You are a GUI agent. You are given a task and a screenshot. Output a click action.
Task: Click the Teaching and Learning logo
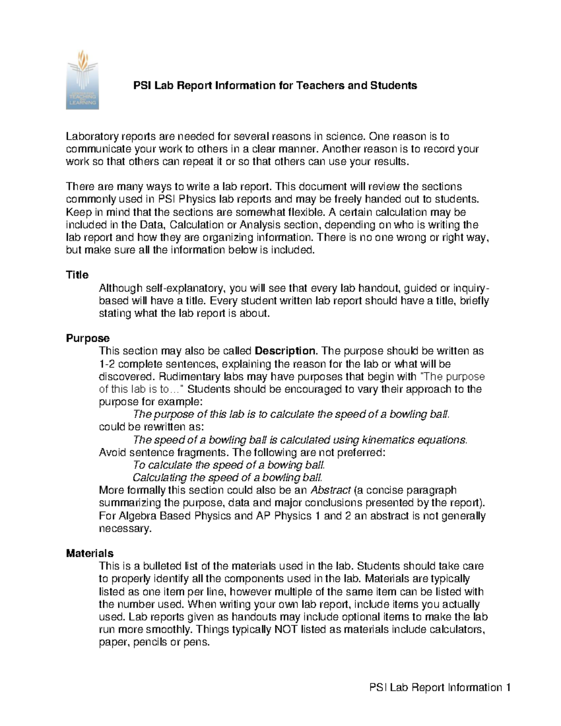click(x=82, y=79)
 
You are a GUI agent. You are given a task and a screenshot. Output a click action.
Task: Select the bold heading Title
click(x=77, y=275)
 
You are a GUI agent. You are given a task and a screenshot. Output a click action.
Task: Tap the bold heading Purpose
click(x=87, y=338)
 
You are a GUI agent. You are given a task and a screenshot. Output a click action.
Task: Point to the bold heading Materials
click(x=89, y=553)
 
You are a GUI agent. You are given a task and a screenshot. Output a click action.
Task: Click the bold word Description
click(x=286, y=351)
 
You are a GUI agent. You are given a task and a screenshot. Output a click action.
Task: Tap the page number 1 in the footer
click(x=507, y=688)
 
